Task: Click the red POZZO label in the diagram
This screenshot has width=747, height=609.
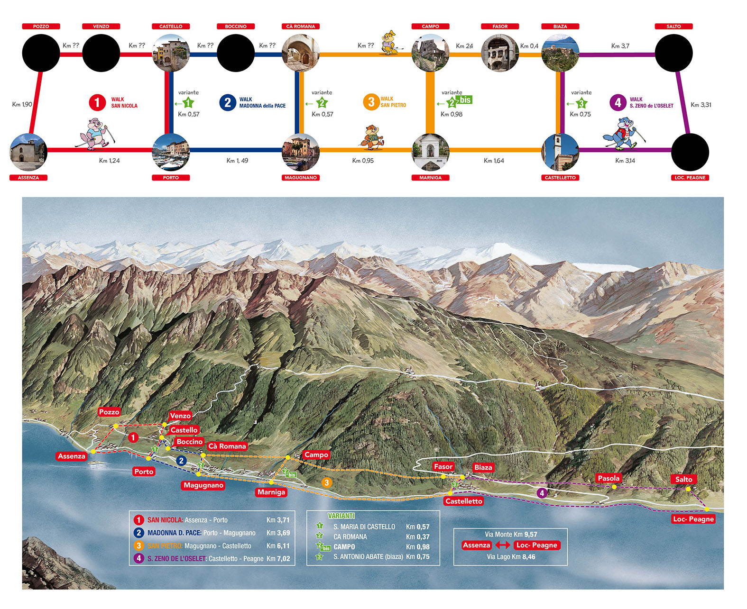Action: (x=41, y=27)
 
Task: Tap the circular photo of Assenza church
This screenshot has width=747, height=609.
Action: (x=28, y=152)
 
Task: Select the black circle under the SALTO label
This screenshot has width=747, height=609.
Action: (x=673, y=53)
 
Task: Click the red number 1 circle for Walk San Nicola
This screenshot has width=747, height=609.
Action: (x=97, y=102)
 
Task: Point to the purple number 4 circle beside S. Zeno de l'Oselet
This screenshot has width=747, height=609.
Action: (x=618, y=102)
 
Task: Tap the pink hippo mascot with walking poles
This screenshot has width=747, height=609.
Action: (x=97, y=135)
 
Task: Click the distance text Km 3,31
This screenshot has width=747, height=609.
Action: (x=701, y=105)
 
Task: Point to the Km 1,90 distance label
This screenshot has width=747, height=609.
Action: (x=22, y=104)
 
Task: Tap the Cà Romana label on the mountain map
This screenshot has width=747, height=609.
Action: (x=227, y=446)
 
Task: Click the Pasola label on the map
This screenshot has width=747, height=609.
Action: (x=609, y=478)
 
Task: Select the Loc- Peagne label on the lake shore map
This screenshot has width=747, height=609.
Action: (x=693, y=519)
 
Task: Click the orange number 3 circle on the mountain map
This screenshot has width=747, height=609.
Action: (x=326, y=482)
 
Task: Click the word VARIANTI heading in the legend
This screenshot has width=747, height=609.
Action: (x=341, y=516)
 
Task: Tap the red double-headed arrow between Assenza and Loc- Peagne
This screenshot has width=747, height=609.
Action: (x=503, y=545)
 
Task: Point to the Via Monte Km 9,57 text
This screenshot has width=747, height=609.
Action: (x=511, y=534)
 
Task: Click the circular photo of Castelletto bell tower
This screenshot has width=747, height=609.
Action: (x=560, y=152)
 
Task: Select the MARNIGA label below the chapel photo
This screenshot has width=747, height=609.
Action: (x=430, y=178)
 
